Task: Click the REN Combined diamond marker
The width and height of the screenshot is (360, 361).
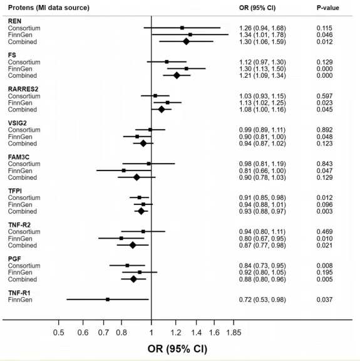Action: [x=186, y=41]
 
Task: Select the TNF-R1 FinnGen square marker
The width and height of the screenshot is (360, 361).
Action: [x=108, y=300]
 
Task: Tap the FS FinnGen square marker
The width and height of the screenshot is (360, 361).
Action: [x=187, y=68]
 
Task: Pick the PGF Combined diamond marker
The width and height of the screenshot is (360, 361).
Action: [x=133, y=279]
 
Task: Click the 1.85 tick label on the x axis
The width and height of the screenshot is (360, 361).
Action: [x=234, y=332]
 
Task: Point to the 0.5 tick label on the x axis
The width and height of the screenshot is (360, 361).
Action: [x=59, y=332]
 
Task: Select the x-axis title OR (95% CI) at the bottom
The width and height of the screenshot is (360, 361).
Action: [x=177, y=349]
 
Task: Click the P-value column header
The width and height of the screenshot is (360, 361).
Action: [x=328, y=8]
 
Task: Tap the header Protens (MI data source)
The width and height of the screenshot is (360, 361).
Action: [x=49, y=8]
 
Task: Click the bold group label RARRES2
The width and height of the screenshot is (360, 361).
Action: [x=23, y=89]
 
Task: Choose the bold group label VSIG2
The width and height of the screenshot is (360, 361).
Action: [x=18, y=123]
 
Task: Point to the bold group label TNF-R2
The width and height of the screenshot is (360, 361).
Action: [x=19, y=225]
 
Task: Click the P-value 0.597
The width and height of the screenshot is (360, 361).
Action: [x=324, y=96]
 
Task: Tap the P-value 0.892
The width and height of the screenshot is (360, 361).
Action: [x=324, y=130]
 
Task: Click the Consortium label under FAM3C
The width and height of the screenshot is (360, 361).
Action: [x=24, y=164]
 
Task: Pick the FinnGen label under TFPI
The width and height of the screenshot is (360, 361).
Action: [x=20, y=205]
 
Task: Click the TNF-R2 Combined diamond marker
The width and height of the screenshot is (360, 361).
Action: [x=133, y=245]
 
